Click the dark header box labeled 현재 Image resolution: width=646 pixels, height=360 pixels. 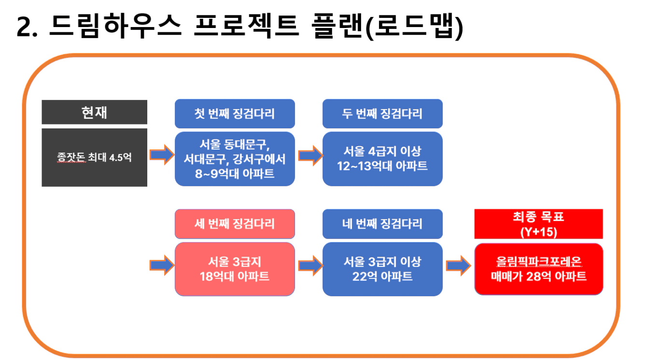tap(94, 112)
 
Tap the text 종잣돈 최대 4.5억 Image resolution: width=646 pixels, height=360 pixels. tap(94, 157)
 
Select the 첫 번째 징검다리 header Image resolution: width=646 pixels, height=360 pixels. tap(235, 113)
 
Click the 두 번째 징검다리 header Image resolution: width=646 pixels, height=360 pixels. tap(382, 113)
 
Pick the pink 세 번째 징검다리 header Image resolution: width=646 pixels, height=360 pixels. tap(235, 224)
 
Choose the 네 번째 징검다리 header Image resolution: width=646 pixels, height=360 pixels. tap(382, 224)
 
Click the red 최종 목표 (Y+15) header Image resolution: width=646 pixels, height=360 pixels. tap(538, 224)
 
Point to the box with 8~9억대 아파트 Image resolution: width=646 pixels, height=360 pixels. tap(235, 159)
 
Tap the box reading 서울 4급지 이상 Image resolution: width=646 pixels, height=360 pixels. tap(382, 159)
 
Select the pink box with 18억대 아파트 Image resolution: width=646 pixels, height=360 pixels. tap(235, 269)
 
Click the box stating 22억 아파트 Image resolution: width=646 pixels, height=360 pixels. tap(382, 269)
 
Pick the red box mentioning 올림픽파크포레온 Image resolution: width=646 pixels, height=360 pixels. tap(539, 269)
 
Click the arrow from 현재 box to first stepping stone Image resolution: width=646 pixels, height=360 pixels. tap(162, 155)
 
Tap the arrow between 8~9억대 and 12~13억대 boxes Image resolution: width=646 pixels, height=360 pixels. tap(310, 156)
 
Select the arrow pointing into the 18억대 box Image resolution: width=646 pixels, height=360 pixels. tap(162, 265)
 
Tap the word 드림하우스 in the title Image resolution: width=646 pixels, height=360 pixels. tap(115, 26)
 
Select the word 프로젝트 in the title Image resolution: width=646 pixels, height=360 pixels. tap(247, 26)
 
